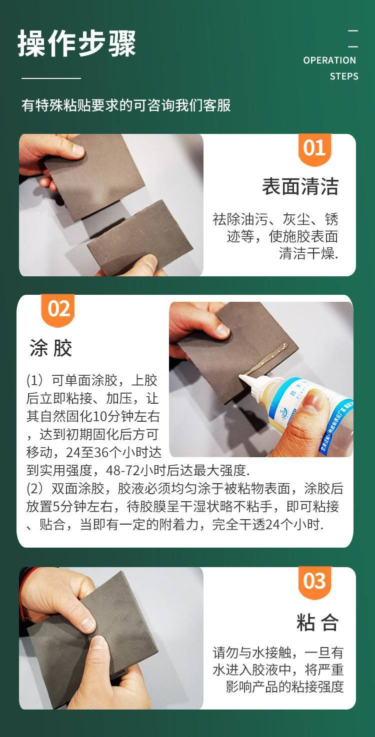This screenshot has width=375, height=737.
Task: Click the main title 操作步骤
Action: (76, 43)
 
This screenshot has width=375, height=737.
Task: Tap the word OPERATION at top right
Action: (329, 60)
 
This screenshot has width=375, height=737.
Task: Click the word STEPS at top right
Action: (344, 76)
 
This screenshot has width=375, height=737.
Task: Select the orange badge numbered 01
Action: (314, 149)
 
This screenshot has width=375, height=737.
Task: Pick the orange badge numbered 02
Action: (58, 310)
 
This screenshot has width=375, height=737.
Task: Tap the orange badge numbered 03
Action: (314, 583)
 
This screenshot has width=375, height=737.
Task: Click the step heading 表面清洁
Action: (300, 186)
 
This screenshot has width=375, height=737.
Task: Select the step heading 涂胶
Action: (50, 348)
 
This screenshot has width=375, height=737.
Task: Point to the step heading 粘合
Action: (317, 622)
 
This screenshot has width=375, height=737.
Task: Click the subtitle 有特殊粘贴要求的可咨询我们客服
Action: (126, 105)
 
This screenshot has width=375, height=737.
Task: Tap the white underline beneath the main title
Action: (51, 78)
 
